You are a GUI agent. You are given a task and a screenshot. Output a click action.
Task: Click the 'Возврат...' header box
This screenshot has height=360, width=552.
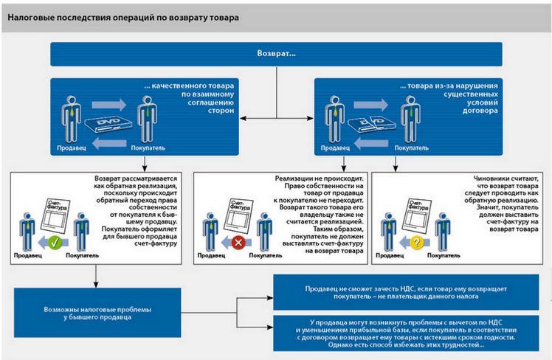[x=276, y=55]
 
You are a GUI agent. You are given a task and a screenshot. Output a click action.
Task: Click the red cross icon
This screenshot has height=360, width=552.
[x=237, y=241]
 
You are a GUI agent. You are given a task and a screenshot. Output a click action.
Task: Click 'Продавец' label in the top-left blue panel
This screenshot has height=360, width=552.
[x=72, y=148]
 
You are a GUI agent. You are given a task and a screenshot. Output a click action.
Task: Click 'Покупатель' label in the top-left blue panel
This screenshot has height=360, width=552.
[x=146, y=148]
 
